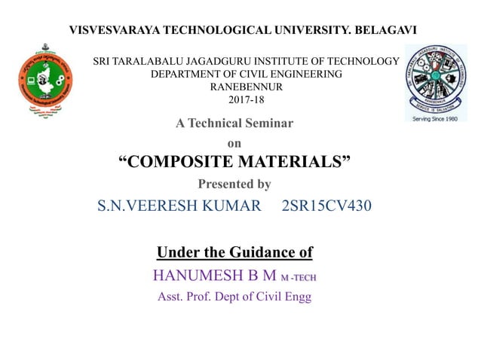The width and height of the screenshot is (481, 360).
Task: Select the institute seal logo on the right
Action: pyautogui.click(x=435, y=78)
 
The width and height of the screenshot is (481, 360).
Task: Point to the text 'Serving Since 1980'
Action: pyautogui.click(x=436, y=117)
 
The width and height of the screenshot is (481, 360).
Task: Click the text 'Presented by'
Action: pyautogui.click(x=234, y=184)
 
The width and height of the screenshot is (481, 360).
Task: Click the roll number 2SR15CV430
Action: pyautogui.click(x=326, y=205)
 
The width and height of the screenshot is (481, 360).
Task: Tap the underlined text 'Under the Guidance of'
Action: pyautogui.click(x=234, y=252)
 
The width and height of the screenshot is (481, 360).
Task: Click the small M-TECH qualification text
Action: pyautogui.click(x=299, y=277)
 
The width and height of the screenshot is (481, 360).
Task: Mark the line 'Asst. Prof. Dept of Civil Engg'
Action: pyautogui.click(x=234, y=297)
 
